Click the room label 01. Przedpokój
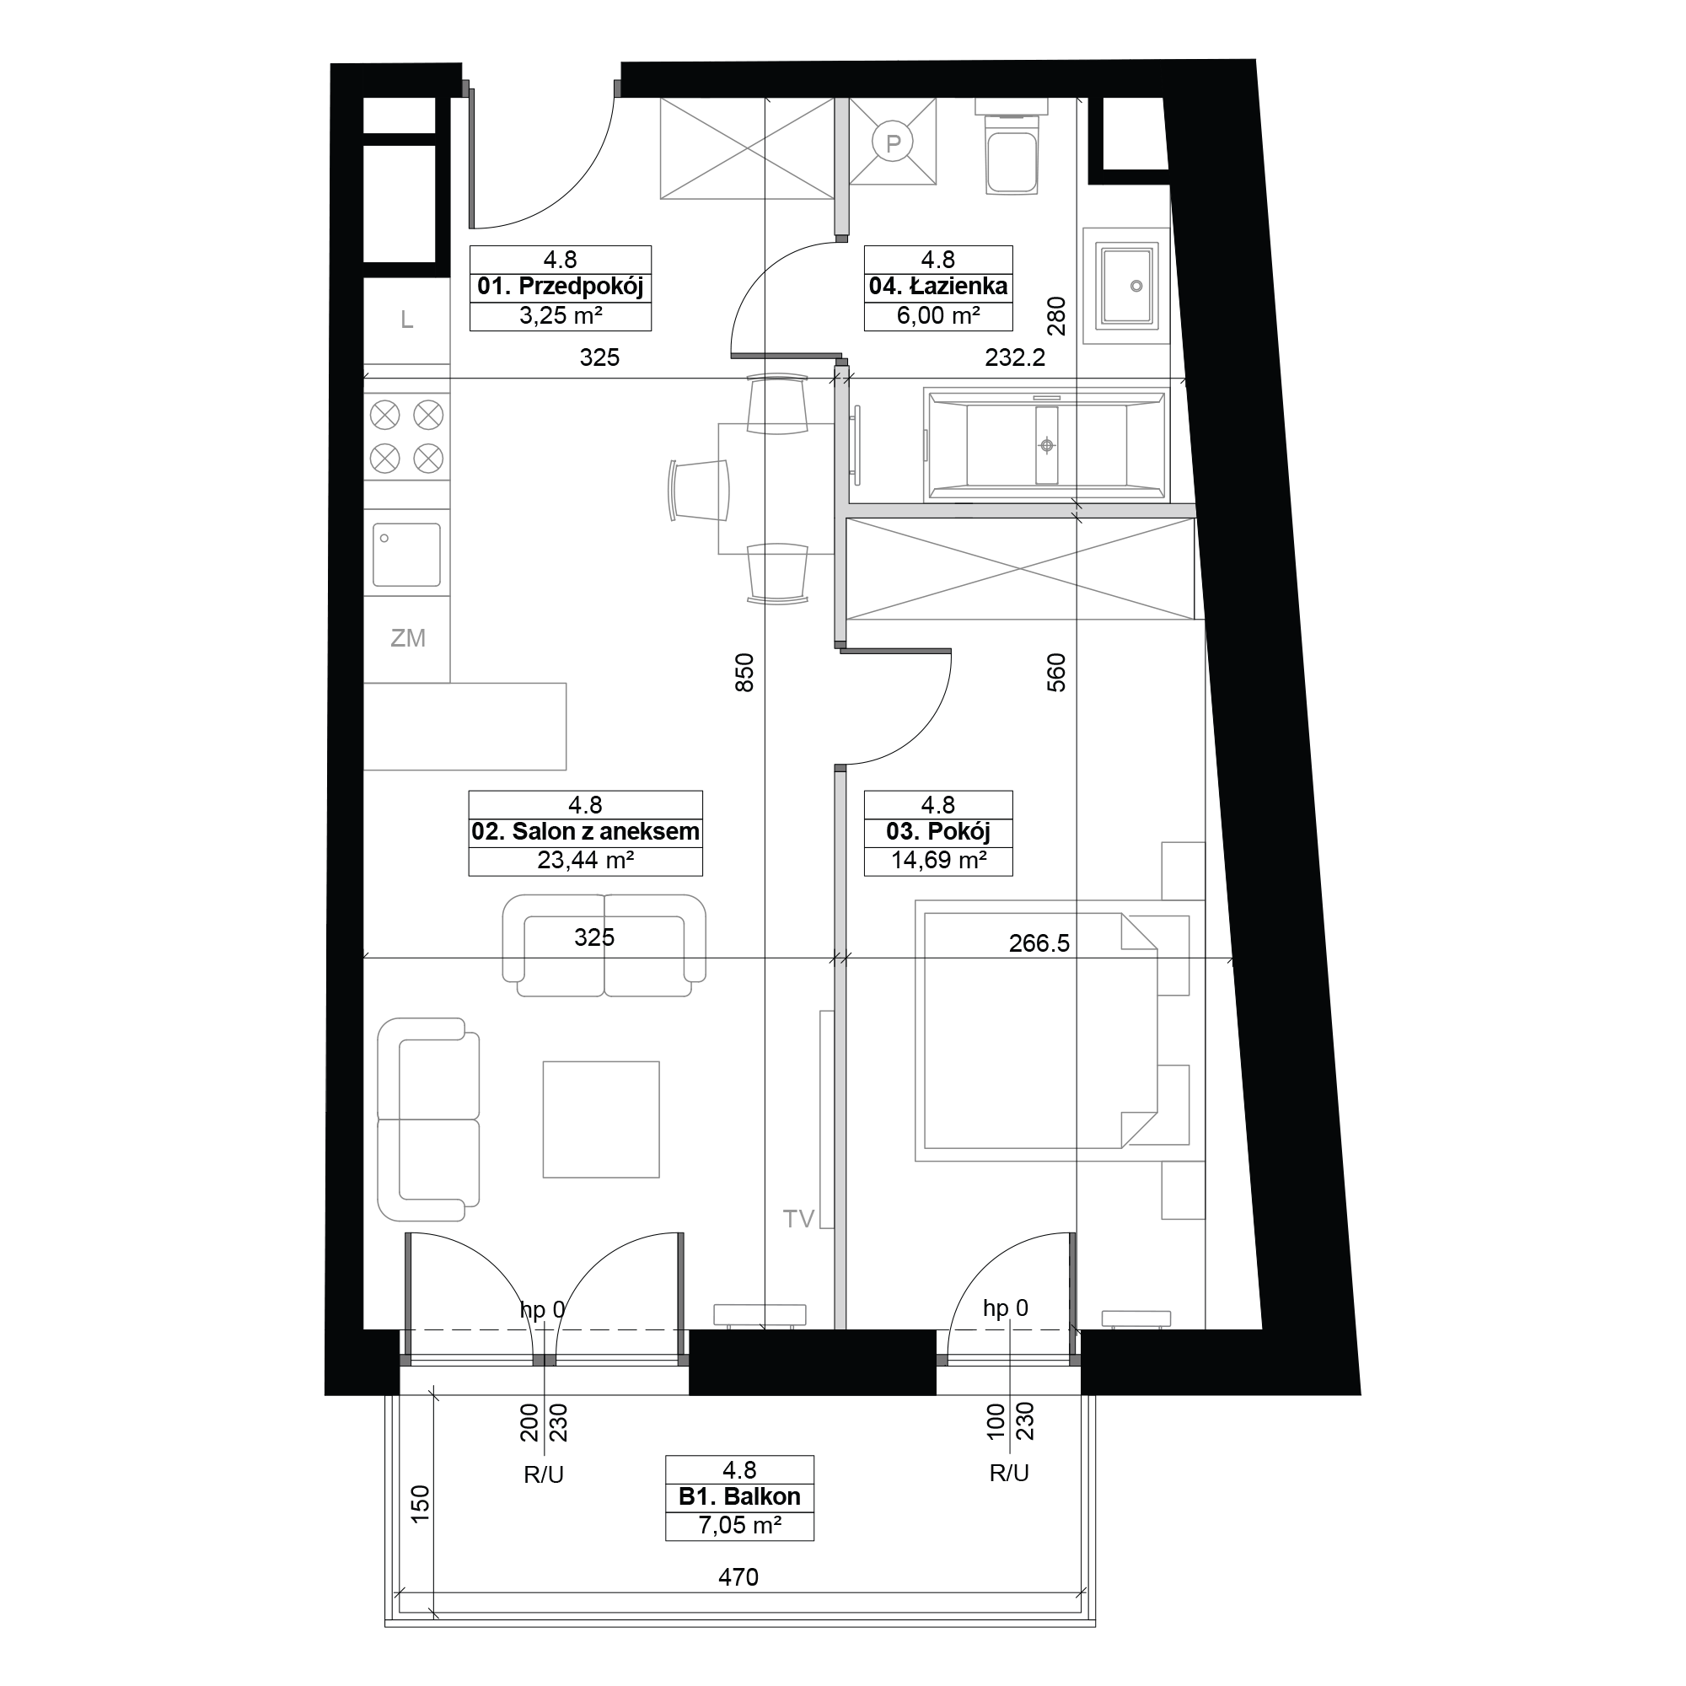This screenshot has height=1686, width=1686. click(x=561, y=287)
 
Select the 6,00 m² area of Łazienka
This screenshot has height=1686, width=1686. click(x=938, y=316)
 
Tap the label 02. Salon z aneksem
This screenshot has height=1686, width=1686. click(x=586, y=832)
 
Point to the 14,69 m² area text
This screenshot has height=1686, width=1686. click(x=938, y=861)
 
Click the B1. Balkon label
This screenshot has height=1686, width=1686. click(x=739, y=1496)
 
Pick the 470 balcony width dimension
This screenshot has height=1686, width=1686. click(x=738, y=1577)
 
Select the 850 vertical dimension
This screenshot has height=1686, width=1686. click(x=744, y=673)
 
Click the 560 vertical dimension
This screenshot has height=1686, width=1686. click(x=1056, y=673)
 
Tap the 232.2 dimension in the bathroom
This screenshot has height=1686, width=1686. click(x=1015, y=357)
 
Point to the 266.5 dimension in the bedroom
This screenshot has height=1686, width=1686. click(x=1039, y=943)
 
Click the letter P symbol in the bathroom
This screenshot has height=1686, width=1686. click(x=893, y=142)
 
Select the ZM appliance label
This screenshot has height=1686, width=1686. click(x=407, y=638)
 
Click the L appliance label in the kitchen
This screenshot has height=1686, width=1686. click(x=406, y=320)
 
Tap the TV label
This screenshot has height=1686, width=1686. click(x=798, y=1219)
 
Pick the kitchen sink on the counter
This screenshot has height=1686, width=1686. click(x=406, y=554)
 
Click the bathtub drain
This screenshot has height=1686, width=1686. click(x=1046, y=446)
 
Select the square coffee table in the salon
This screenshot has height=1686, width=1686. click(x=601, y=1120)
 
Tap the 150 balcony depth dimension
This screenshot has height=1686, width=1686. click(x=421, y=1505)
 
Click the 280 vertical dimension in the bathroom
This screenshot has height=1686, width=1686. click(x=1056, y=316)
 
